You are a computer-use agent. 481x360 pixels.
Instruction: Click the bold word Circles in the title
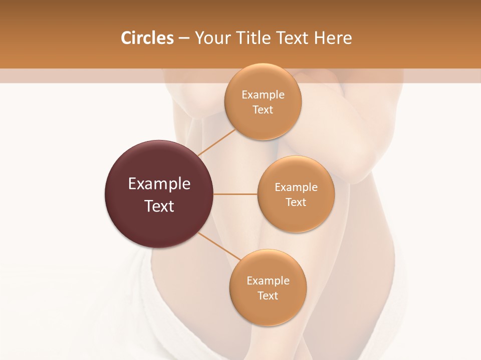[x=147, y=38]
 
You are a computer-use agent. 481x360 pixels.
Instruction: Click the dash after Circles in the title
[x=184, y=38]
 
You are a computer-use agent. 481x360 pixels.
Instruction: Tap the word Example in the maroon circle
[x=159, y=184]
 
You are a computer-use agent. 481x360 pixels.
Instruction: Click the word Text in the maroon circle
[x=159, y=206]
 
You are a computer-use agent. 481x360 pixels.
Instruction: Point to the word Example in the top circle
[x=263, y=95]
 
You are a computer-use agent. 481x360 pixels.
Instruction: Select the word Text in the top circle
[x=263, y=110]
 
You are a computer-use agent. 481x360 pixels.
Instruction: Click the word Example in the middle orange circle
[x=296, y=187]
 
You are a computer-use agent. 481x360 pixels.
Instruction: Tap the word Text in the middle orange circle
[x=296, y=202]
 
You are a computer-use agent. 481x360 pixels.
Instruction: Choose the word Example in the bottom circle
[x=268, y=280]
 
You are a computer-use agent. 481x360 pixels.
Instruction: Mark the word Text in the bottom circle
[x=268, y=295]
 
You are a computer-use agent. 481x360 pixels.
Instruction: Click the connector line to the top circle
[x=216, y=142]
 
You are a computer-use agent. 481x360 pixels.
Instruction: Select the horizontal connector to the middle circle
[x=235, y=194]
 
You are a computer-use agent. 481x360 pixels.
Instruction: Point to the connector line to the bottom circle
[x=219, y=246]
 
